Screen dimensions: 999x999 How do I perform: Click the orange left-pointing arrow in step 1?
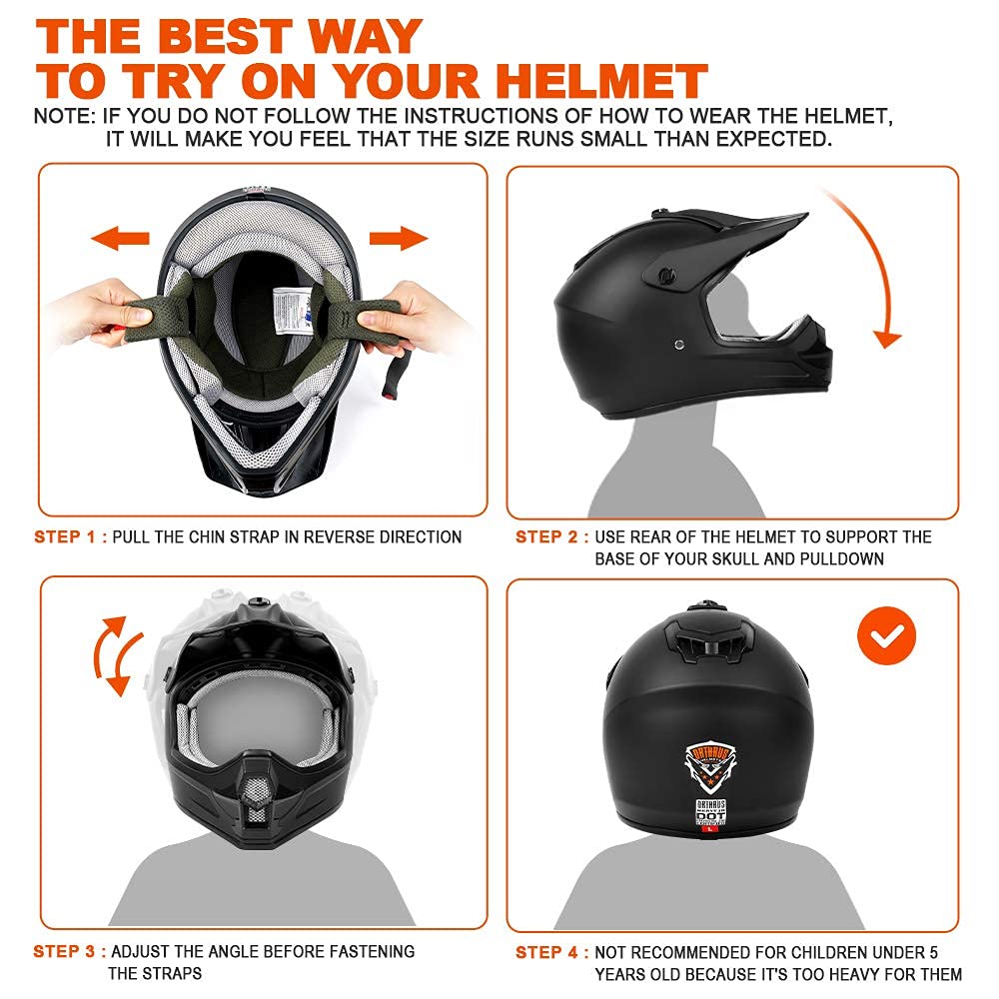click(119, 239)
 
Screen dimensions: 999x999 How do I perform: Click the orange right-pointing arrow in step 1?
click(399, 239)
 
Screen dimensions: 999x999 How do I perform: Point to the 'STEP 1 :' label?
click(70, 537)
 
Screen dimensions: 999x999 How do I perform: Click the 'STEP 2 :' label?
click(551, 537)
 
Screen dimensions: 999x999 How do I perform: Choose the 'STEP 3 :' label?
click(70, 952)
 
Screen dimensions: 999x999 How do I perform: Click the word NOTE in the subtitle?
click(62, 116)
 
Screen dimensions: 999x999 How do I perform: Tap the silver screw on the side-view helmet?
click(680, 345)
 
